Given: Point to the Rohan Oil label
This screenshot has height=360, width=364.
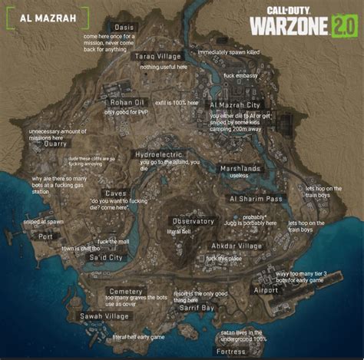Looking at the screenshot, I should pyautogui.click(x=127, y=102).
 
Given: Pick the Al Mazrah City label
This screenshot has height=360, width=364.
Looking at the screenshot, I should pyautogui.click(x=235, y=104).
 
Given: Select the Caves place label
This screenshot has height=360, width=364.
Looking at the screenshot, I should pyautogui.click(x=115, y=193).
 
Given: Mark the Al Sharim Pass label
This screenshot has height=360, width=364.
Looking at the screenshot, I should pyautogui.click(x=256, y=198).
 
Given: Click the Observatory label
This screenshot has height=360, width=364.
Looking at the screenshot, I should pyautogui.click(x=193, y=221).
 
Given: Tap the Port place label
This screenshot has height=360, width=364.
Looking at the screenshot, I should pyautogui.click(x=46, y=236).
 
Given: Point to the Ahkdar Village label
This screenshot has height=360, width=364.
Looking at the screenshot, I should pyautogui.click(x=237, y=246).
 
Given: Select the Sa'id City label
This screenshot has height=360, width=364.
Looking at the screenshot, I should pyautogui.click(x=106, y=258).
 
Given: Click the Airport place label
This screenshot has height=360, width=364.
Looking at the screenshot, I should pyautogui.click(x=266, y=290).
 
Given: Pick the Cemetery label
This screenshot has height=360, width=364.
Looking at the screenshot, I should pyautogui.click(x=125, y=292).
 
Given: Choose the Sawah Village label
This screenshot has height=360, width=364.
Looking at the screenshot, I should pyautogui.click(x=104, y=316).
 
